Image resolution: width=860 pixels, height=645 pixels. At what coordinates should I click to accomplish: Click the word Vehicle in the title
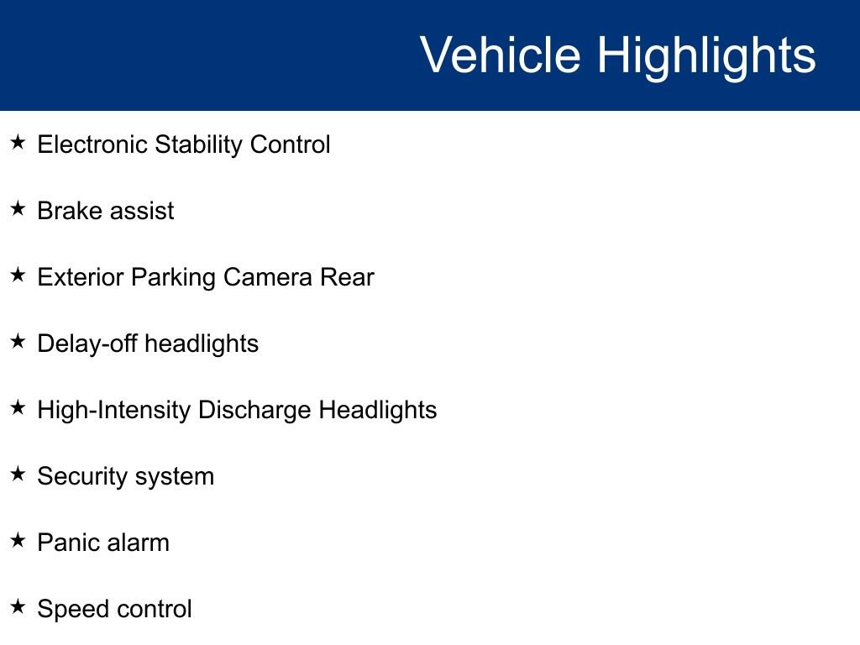pyautogui.click(x=501, y=55)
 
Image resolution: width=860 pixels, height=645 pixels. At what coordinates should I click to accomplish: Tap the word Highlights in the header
pyautogui.click(x=706, y=58)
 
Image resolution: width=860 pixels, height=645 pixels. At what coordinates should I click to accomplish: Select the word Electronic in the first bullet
pyautogui.click(x=92, y=144)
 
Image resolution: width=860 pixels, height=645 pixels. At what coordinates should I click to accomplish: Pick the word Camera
pyautogui.click(x=268, y=277)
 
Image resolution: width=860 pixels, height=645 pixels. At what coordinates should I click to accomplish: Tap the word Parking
pyautogui.click(x=173, y=278)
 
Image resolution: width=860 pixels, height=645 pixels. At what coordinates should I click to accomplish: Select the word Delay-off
pyautogui.click(x=87, y=344)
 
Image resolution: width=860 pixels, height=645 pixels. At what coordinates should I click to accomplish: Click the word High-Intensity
pyautogui.click(x=113, y=411)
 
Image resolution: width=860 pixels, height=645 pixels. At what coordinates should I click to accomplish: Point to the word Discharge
pyautogui.click(x=254, y=411)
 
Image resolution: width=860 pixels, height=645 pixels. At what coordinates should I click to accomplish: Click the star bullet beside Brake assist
pyautogui.click(x=18, y=208)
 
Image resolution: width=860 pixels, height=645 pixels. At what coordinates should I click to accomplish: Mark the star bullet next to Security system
pyautogui.click(x=18, y=474)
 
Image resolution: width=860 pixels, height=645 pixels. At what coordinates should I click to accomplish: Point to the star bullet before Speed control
pyautogui.click(x=18, y=606)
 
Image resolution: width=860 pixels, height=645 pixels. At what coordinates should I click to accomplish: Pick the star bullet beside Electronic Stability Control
pyautogui.click(x=18, y=142)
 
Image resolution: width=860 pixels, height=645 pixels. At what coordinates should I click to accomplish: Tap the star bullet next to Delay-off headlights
pyautogui.click(x=18, y=341)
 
